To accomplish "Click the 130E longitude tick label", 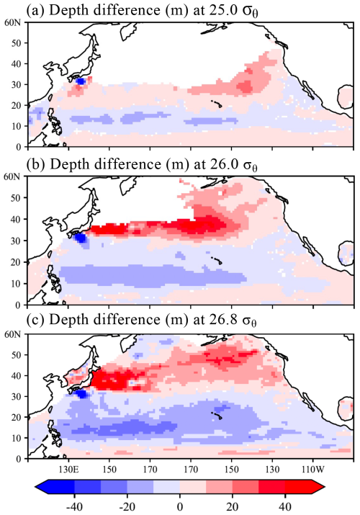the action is click(x=68, y=469).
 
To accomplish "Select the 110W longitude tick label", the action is click(x=312, y=469).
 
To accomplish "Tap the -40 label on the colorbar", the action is click(x=74, y=507).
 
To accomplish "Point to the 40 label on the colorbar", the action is click(x=285, y=507).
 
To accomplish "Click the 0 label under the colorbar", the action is click(x=180, y=507).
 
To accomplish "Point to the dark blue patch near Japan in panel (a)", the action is click(x=80, y=81).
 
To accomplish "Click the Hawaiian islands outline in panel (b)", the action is click(x=217, y=260).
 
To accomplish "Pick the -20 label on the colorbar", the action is click(x=127, y=507).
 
